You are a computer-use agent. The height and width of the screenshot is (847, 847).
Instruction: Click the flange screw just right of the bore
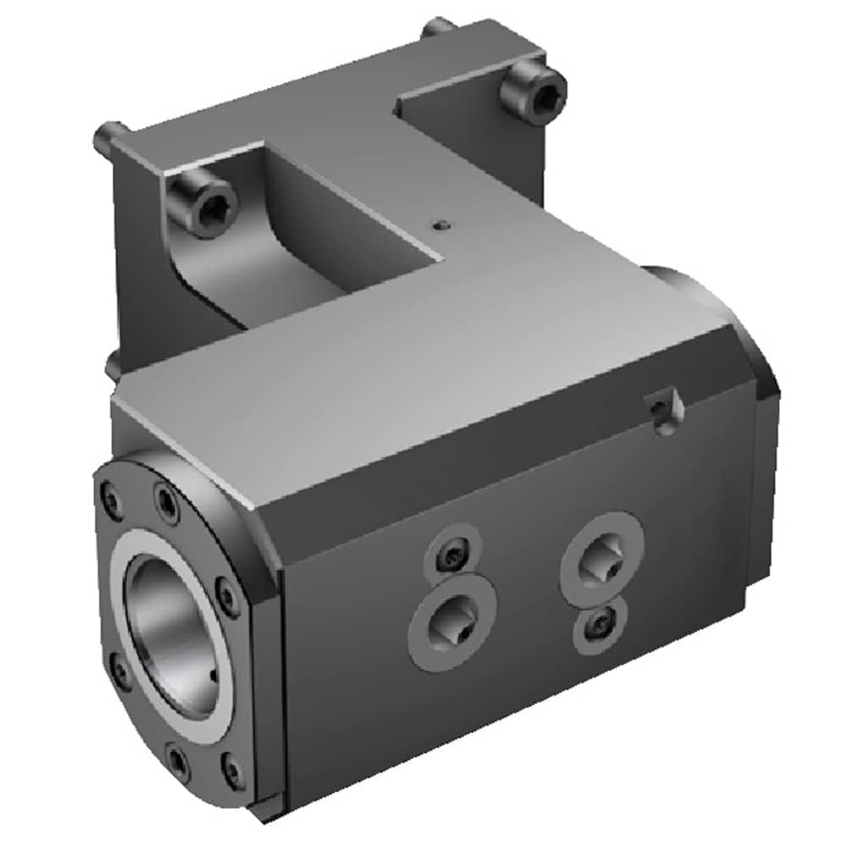coord(226,595)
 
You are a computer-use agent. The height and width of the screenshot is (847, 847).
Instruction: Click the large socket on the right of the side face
coord(602,558)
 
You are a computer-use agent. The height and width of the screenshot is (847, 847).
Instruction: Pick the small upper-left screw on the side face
coord(454,555)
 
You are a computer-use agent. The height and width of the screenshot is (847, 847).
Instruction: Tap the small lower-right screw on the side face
coord(600,626)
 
